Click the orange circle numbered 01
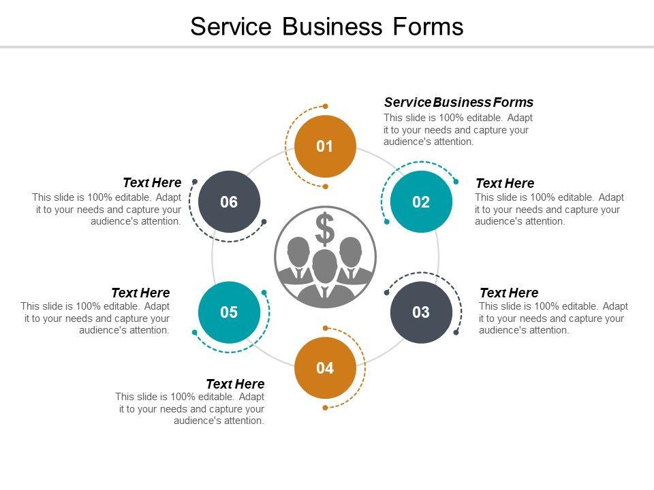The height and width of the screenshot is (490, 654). [x=325, y=146]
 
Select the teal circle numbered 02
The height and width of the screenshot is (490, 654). [x=421, y=202]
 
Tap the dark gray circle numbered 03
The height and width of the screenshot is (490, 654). [x=421, y=312]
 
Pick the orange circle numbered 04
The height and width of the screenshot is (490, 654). [x=325, y=368]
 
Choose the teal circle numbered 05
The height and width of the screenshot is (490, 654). [x=229, y=312]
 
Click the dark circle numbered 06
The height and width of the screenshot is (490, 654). [x=229, y=202]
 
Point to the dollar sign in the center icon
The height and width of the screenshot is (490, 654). [x=326, y=229]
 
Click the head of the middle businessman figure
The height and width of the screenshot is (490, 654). [x=326, y=264]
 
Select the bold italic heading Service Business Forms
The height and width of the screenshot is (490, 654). [x=458, y=103]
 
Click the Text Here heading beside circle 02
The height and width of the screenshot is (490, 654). [x=504, y=184]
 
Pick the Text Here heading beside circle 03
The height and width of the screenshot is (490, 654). [x=508, y=293]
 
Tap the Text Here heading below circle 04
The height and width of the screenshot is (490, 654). [x=235, y=385]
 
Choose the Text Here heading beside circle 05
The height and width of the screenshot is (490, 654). [x=140, y=293]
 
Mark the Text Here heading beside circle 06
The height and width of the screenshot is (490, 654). [x=152, y=182]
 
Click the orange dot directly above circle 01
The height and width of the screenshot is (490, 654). [x=326, y=106]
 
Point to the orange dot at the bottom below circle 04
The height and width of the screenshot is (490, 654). [x=325, y=408]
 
